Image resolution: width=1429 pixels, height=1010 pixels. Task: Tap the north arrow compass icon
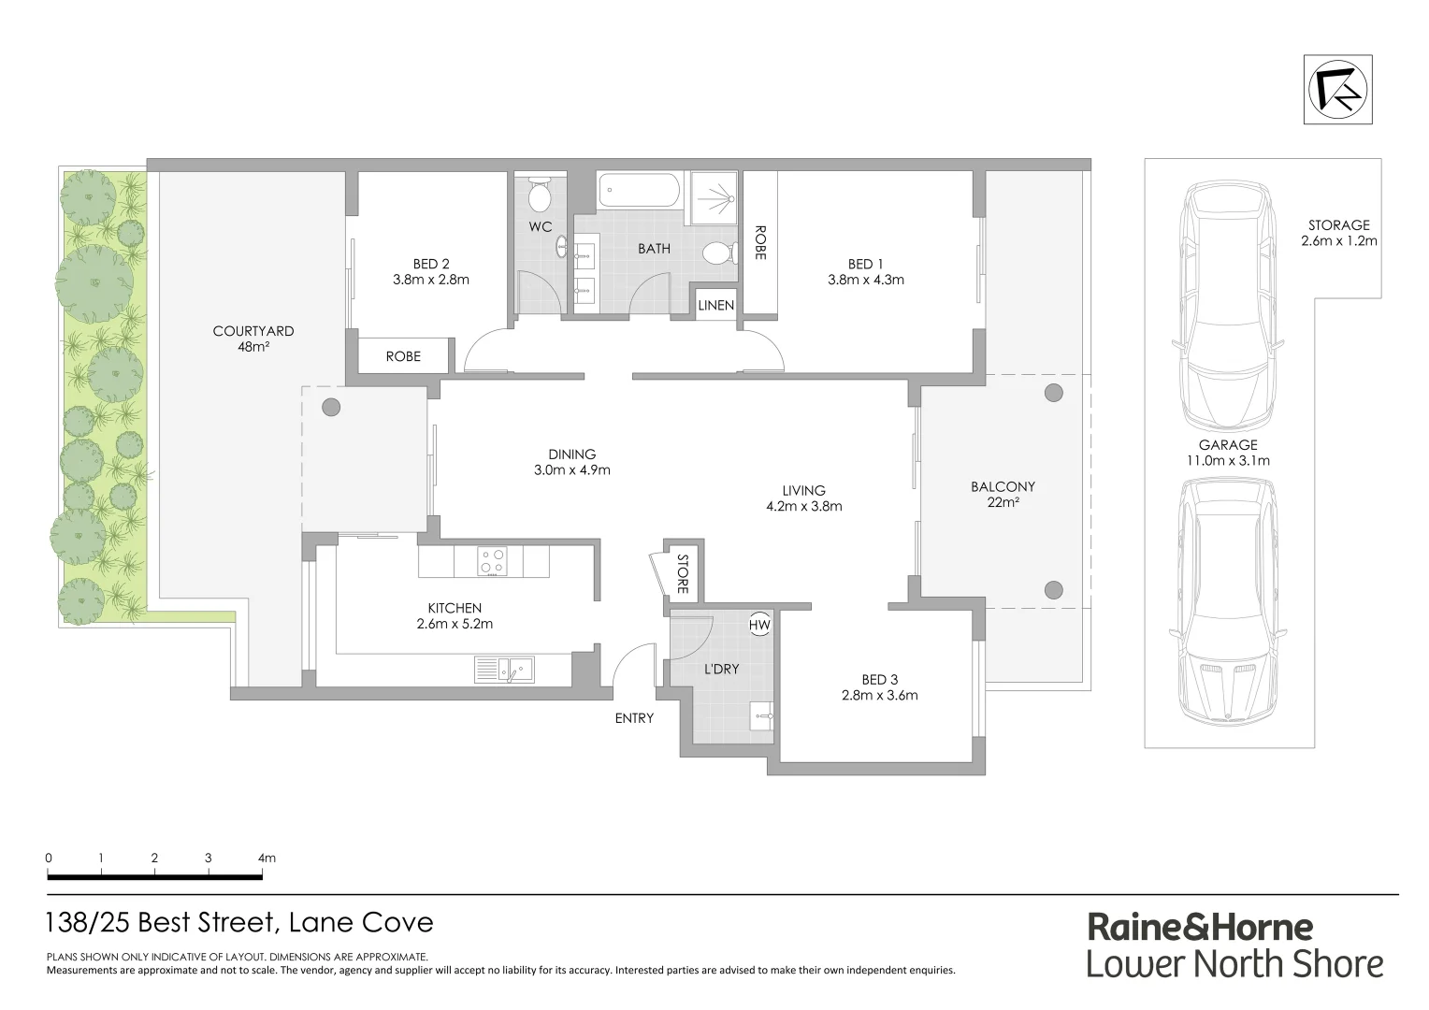[x=1340, y=90]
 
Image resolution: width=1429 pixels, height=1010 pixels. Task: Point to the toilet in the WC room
[x=540, y=195]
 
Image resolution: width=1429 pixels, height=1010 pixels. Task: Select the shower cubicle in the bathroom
[x=715, y=197]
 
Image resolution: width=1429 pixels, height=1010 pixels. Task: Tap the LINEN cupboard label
[x=716, y=306]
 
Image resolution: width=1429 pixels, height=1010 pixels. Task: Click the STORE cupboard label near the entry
[x=683, y=575]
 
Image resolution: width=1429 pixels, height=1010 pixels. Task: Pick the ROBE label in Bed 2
[x=403, y=356]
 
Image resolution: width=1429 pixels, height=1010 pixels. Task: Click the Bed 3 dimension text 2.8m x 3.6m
[x=879, y=695]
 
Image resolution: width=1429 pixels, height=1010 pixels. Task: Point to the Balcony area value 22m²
[x=1003, y=503]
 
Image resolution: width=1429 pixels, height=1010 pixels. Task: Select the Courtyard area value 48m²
[x=253, y=347]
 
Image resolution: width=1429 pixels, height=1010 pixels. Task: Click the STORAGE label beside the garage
[x=1338, y=224]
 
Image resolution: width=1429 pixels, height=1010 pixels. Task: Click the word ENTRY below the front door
[x=633, y=718]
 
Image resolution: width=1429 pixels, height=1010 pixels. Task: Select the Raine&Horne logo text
[x=1200, y=927]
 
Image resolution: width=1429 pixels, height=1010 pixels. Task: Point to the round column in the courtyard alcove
[x=330, y=407]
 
